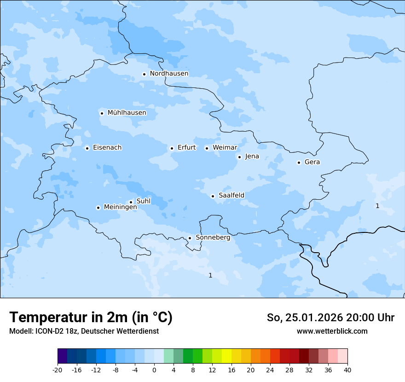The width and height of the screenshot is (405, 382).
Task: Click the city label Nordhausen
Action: coord(169,74)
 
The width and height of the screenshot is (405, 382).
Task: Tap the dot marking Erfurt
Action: coord(172,148)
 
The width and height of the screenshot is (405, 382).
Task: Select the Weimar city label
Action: coord(225,148)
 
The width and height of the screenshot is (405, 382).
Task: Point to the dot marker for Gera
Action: coord(299,162)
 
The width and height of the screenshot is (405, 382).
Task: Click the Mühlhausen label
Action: coord(127,113)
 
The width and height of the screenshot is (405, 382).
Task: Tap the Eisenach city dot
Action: coord(87,148)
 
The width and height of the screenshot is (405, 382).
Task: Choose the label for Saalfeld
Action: coord(231,196)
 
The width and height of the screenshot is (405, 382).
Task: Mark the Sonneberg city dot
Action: coord(190,238)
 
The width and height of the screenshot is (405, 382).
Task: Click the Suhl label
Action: coord(143,201)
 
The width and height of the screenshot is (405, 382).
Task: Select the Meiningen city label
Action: coord(120,208)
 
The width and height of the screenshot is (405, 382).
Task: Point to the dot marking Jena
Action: coord(239,157)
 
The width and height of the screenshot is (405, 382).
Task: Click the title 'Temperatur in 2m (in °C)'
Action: coord(91,318)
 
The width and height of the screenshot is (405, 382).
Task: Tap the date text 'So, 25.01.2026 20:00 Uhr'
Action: coord(330,318)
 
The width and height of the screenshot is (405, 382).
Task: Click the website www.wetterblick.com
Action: coord(332,331)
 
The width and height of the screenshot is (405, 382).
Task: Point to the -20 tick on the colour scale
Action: coord(58,370)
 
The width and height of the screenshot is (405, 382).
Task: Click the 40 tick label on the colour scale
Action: coord(347,370)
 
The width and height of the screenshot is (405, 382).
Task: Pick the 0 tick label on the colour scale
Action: coord(154,370)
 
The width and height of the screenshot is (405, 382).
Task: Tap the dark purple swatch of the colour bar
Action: coord(62,357)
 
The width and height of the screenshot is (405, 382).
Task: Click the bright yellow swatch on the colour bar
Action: coord(226,357)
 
